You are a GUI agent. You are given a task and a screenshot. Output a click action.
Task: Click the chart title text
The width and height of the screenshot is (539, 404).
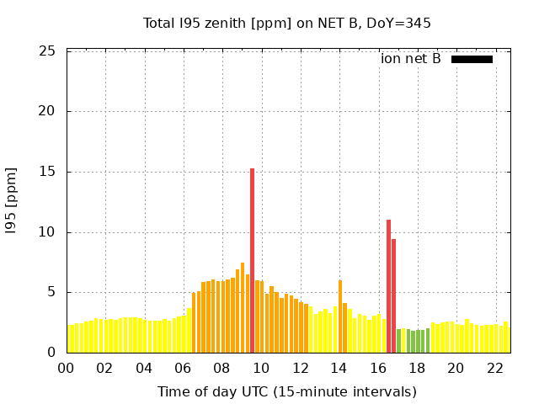tap(286, 23)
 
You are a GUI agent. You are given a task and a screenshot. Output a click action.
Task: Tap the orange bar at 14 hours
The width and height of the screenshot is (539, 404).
tap(340, 316)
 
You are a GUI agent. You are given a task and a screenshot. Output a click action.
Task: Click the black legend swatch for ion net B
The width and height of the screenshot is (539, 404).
tap(472, 59)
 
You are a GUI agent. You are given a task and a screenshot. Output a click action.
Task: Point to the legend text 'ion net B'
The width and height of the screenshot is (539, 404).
tap(411, 59)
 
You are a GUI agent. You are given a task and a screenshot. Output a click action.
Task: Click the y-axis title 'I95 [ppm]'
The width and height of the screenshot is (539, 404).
tap(12, 201)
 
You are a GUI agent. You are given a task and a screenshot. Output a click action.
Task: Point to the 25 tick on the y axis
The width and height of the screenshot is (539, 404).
tap(48, 51)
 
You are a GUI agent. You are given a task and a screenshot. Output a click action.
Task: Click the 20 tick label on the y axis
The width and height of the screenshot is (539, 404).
tap(48, 111)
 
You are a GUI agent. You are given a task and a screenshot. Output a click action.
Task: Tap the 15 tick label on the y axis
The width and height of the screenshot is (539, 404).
tap(48, 172)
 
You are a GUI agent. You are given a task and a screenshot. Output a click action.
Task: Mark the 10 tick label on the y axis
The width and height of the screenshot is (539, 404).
tap(48, 232)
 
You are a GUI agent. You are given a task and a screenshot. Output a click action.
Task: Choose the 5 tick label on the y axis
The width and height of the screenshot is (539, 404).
tap(51, 292)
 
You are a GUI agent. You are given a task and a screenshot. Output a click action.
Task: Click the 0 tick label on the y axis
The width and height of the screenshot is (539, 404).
tap(51, 353)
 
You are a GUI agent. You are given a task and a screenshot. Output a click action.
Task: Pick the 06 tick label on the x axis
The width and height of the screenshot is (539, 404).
tap(183, 368)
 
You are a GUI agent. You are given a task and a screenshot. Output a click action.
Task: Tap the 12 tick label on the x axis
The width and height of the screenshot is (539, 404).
tap(300, 368)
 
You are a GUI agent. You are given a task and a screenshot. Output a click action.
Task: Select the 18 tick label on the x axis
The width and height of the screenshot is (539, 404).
tap(417, 368)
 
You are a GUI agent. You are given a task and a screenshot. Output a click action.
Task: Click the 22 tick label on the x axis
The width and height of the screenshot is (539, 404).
tap(494, 368)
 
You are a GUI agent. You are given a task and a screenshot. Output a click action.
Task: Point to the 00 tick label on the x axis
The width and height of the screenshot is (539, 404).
tap(67, 368)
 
